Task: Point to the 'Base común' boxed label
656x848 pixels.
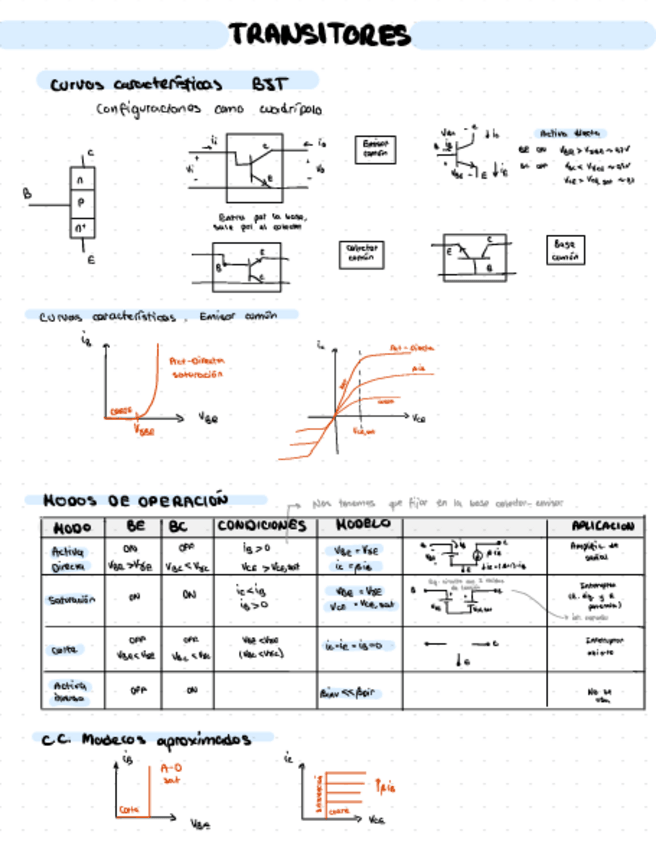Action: (x=564, y=250)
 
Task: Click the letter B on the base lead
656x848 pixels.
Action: (x=28, y=195)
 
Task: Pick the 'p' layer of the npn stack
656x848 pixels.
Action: (x=81, y=203)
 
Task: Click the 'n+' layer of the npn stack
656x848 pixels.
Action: (x=81, y=229)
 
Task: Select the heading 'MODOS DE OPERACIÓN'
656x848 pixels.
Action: (x=136, y=500)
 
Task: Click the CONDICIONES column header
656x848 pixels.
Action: (x=261, y=526)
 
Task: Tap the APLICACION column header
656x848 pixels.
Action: (x=602, y=526)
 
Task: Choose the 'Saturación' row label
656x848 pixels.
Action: (x=70, y=600)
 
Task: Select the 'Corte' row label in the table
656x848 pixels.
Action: (x=65, y=649)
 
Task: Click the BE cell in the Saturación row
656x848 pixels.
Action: (x=131, y=596)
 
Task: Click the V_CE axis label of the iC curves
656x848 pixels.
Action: (x=419, y=420)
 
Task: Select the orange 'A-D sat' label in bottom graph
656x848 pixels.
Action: (x=170, y=773)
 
